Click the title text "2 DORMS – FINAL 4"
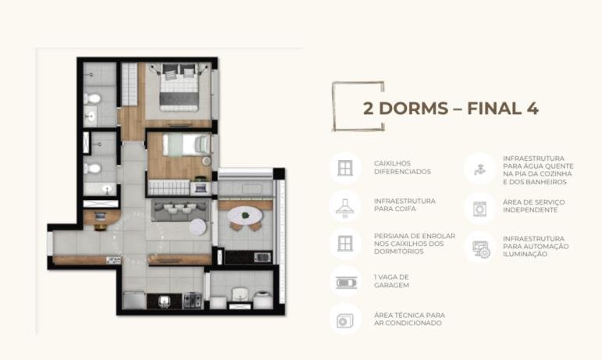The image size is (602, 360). point(451,109)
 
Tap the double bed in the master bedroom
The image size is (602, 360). point(179,87)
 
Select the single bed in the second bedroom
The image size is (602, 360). point(186,144)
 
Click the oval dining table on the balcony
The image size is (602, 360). point(245,216)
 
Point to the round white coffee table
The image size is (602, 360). point(198,226)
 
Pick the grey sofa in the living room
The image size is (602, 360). point(180,209)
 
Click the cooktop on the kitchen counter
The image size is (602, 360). point(192,301)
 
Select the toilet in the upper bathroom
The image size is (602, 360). point(92,98)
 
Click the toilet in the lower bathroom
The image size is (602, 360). point(92,168)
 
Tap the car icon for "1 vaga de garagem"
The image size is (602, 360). point(347,283)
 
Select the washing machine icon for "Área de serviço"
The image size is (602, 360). point(479,209)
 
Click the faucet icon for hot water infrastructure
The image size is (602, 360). point(479,169)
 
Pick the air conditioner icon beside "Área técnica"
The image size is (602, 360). point(345,321)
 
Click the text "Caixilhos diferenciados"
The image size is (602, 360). point(402,168)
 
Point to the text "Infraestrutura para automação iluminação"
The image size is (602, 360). point(536,246)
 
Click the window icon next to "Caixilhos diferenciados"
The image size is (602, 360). point(345,168)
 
